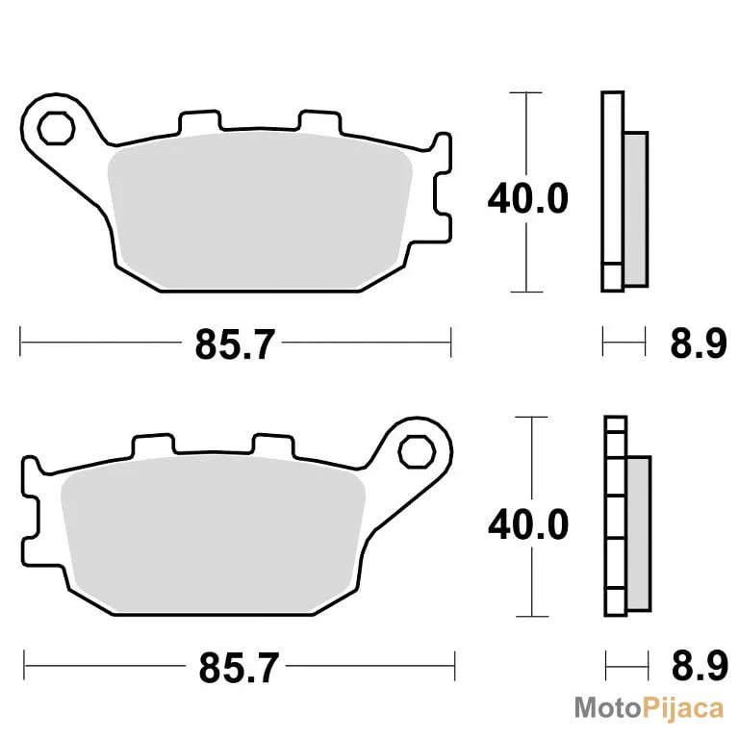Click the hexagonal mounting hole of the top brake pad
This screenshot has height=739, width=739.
56,128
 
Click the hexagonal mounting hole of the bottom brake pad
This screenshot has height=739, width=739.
416,451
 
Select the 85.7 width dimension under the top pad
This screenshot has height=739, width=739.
235,344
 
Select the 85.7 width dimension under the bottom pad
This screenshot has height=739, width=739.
239,668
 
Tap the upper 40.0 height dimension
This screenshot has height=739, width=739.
528,199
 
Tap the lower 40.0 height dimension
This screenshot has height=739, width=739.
528,524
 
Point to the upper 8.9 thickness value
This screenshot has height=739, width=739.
699,344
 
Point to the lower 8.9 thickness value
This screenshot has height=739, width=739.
700,667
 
